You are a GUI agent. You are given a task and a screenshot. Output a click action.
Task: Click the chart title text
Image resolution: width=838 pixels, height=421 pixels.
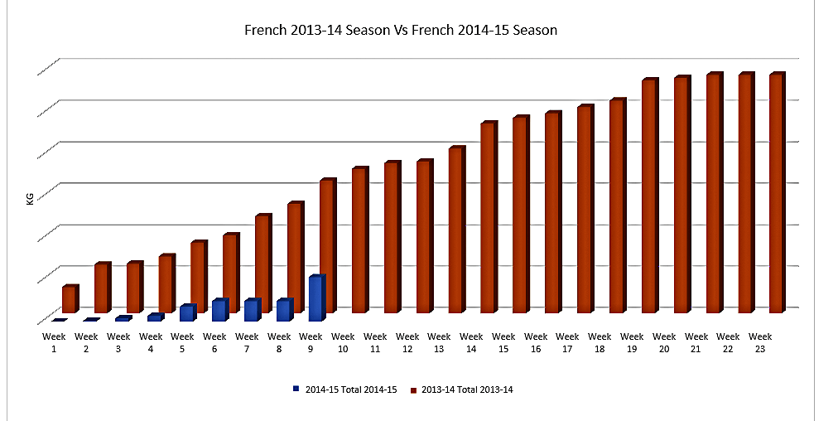(400, 31)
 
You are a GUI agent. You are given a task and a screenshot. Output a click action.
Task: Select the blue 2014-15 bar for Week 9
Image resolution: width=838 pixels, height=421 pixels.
(316, 298)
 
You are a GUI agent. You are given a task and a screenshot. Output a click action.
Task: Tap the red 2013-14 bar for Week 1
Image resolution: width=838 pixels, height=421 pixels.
(70, 299)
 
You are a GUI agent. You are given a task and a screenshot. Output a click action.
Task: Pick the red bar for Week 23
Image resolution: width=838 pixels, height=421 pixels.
(776, 193)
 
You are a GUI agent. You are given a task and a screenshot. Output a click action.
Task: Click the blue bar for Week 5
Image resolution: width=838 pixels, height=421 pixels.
(186, 313)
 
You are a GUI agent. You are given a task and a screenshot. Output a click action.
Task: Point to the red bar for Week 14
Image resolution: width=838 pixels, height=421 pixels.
(487, 218)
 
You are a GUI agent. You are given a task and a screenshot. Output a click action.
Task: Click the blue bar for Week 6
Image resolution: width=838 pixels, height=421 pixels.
(219, 311)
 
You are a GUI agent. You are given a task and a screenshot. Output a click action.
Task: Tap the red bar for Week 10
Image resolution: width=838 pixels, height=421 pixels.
(359, 240)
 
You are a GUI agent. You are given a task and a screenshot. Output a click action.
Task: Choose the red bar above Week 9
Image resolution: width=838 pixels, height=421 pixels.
(327, 246)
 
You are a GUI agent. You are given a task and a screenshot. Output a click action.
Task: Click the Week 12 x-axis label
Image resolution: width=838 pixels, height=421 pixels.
(407, 342)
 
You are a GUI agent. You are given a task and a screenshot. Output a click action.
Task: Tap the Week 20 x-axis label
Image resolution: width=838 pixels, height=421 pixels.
(664, 342)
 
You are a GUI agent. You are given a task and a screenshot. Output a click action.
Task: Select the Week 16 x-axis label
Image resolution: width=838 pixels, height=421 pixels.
(536, 342)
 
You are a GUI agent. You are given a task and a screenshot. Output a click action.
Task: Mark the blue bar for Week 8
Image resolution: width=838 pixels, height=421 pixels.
(283, 311)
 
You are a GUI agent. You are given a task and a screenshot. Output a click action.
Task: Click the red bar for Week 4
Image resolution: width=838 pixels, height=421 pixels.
(166, 284)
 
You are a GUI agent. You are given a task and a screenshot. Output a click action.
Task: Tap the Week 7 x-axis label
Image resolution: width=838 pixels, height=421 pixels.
(247, 342)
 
